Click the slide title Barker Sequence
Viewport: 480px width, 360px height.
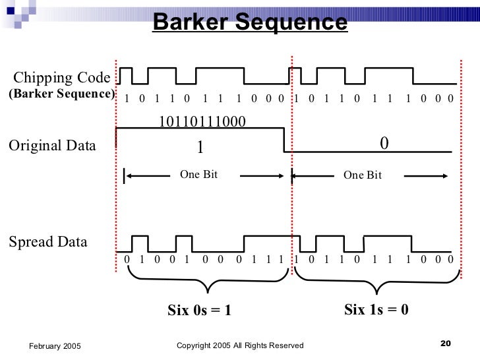[250, 22]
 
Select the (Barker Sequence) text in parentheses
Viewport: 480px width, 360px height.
[61, 94]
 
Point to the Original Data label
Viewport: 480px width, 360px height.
[51, 145]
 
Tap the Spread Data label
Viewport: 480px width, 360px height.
[47, 241]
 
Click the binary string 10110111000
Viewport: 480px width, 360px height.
[201, 121]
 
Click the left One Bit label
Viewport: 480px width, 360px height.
[198, 175]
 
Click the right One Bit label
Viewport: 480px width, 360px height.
[363, 175]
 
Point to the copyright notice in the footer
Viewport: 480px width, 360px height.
[241, 345]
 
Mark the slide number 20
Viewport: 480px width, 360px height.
[444, 343]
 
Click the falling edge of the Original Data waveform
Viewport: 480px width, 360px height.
[284, 141]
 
